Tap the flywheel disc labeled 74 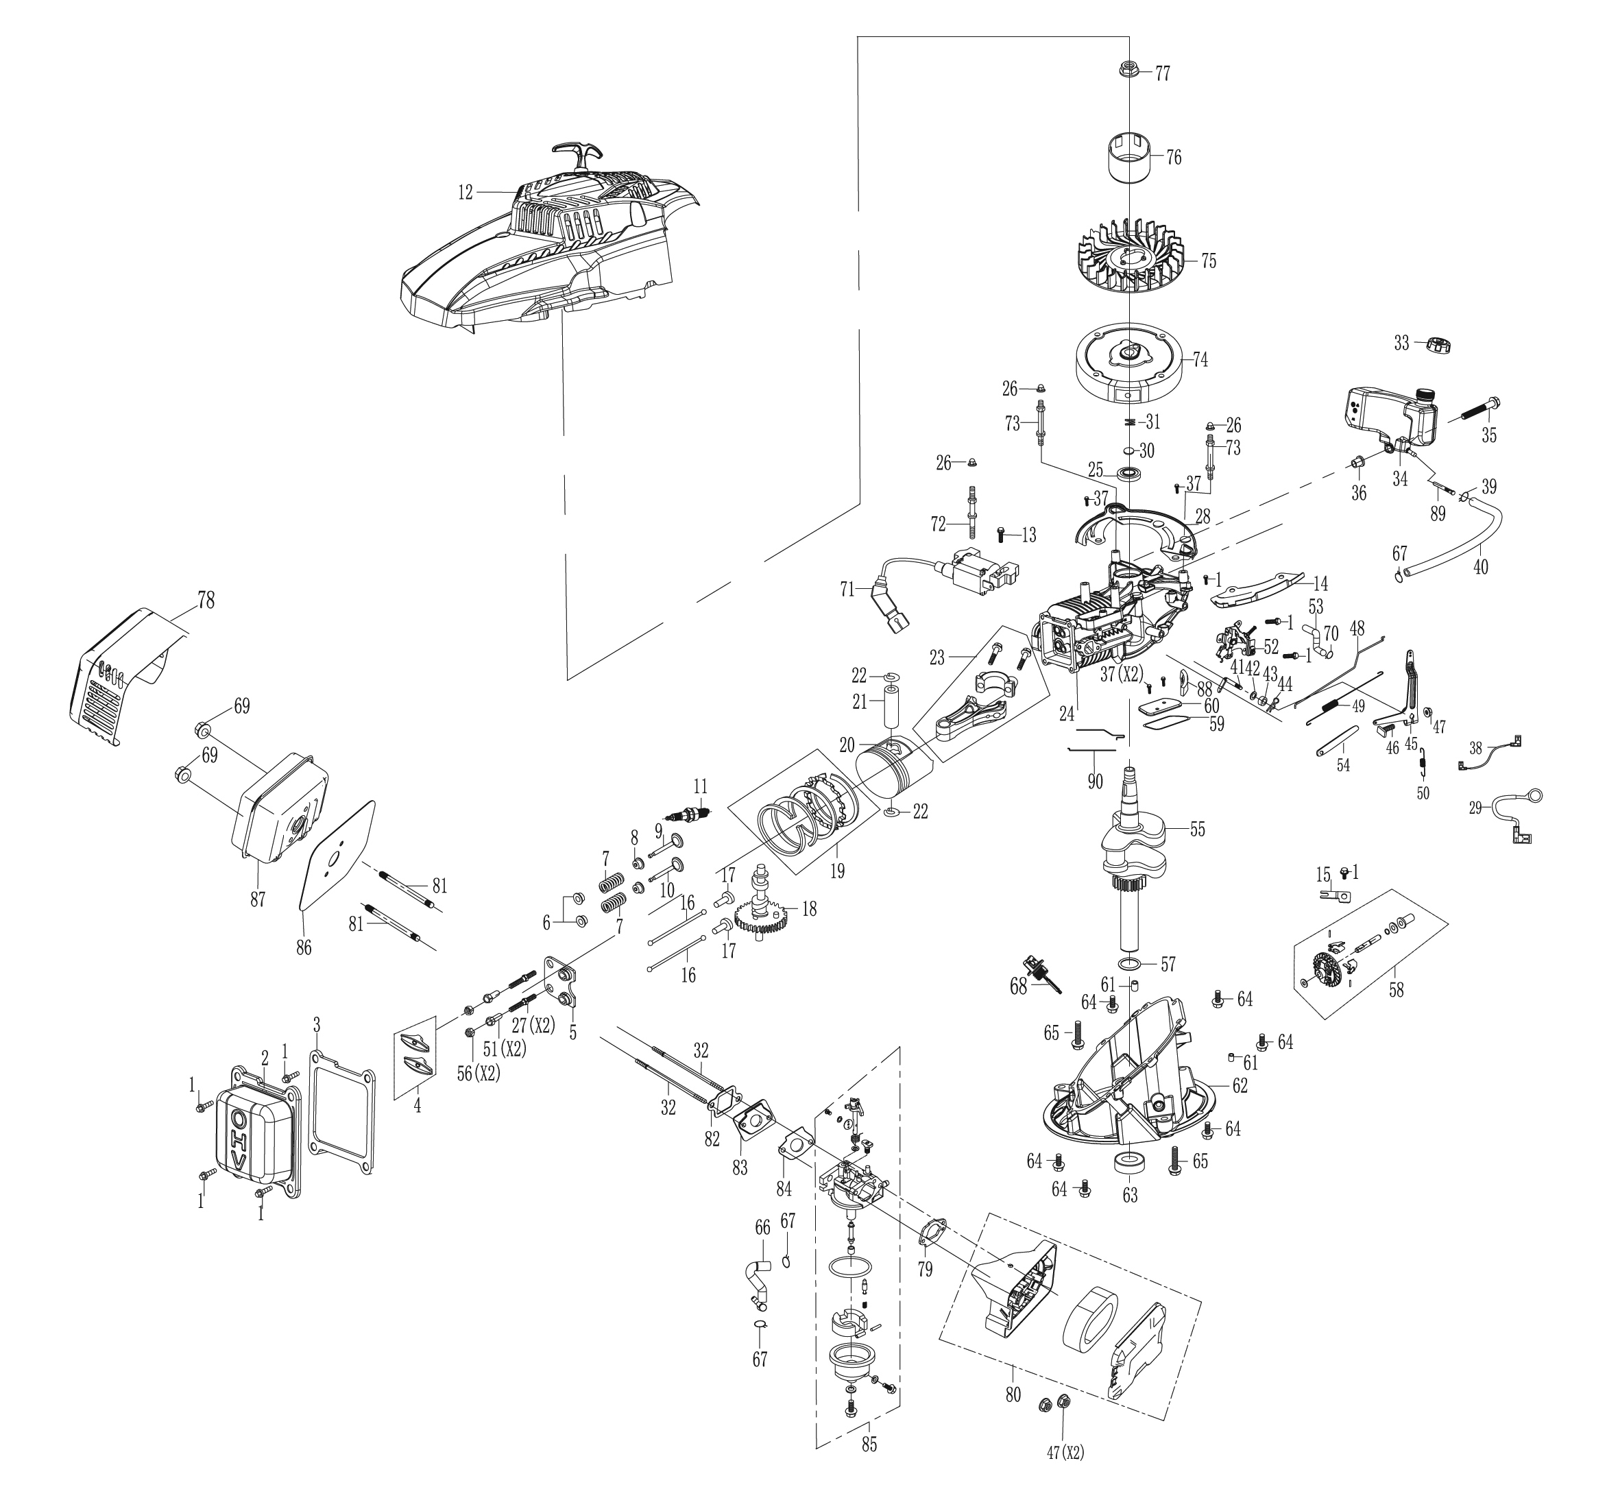coord(1128,360)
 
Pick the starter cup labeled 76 coord(1128,157)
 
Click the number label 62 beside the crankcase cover coord(1240,1085)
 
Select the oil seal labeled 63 coord(1128,1165)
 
